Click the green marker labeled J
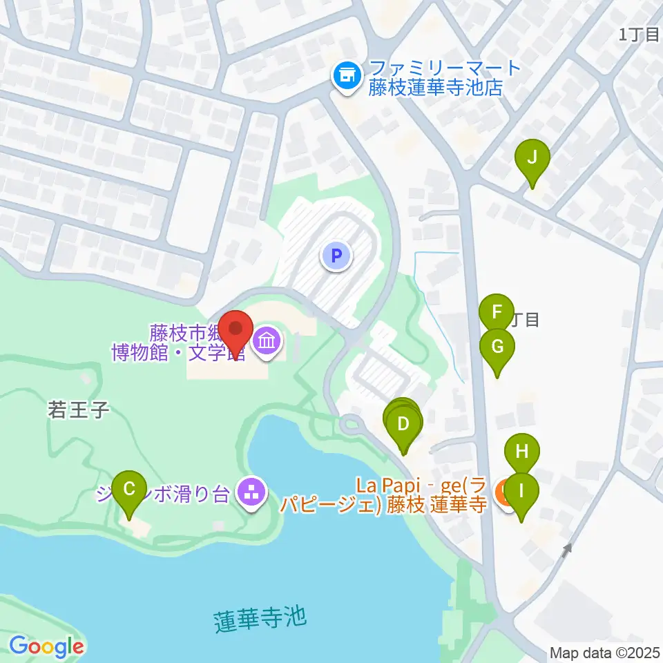[x=532, y=158]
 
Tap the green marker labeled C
[x=129, y=489]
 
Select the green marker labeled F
[x=497, y=312]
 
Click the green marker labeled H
[x=522, y=453]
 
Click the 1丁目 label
[x=639, y=35]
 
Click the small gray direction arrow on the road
[x=567, y=550]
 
